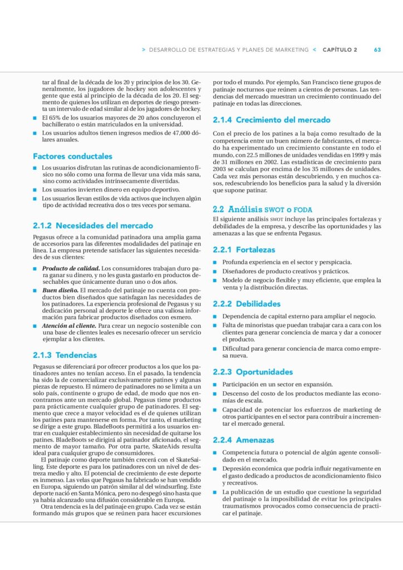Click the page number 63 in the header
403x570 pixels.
(x=377, y=50)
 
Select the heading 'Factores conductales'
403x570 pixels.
(x=72, y=156)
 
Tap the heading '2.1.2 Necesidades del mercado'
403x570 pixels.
(x=93, y=226)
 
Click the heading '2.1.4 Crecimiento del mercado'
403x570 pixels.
(x=272, y=120)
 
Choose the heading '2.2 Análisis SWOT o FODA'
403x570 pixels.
(x=263, y=210)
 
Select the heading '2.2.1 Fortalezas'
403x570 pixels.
(x=244, y=250)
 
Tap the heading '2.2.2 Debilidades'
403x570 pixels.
(x=247, y=304)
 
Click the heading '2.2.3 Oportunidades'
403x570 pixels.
(x=253, y=372)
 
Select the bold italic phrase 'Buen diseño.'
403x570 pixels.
(x=60, y=291)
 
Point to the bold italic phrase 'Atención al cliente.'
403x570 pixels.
(x=70, y=326)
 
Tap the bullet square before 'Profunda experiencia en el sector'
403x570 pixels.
(x=215, y=262)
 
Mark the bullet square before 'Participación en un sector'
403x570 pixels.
(x=215, y=385)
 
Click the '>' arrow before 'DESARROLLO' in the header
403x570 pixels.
(x=144, y=50)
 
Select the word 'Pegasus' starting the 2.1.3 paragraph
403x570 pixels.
(x=44, y=367)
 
